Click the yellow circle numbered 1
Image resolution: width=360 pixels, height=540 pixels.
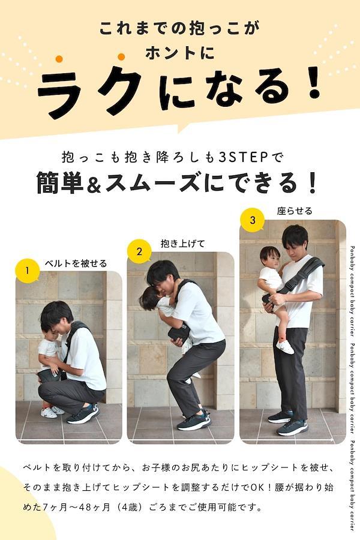[x=27, y=271]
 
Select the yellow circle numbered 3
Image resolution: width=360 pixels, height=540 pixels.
[x=252, y=220]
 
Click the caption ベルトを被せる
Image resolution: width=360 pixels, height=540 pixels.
[x=76, y=263]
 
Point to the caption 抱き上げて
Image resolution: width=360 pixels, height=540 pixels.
[x=182, y=244]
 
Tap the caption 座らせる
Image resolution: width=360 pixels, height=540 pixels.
[x=295, y=211]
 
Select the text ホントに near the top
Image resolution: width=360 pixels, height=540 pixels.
[x=180, y=53]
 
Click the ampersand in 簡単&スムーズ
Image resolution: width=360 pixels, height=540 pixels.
[x=95, y=183]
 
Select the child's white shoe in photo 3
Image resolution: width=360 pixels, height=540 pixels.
[x=285, y=347]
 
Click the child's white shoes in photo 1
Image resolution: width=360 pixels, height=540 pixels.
[x=52, y=412]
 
